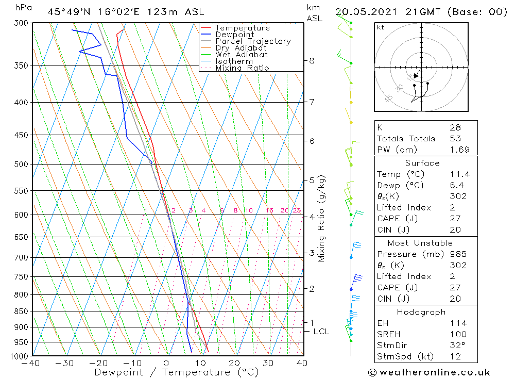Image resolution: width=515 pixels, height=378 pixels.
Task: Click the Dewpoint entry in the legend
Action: pos(234,35)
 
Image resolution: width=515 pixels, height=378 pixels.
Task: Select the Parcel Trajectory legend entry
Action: pos(253,41)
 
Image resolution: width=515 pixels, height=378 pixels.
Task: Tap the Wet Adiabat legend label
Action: pos(242,55)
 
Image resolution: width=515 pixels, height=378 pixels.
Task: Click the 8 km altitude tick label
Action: pos(312,60)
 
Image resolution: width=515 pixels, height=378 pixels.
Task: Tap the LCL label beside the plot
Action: pos(321,331)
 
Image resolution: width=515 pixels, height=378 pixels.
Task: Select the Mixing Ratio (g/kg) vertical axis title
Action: pos(322,219)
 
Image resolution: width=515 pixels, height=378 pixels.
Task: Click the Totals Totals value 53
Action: pos(455,138)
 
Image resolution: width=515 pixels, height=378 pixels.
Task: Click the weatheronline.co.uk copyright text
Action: pos(429,372)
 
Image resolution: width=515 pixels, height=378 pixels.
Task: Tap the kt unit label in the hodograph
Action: pos(381,27)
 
